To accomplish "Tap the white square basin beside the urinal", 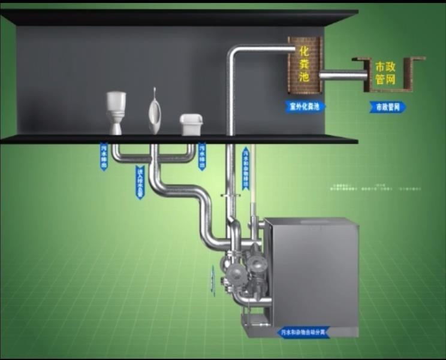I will coord(191,124).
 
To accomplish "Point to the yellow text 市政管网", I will coord(385,72).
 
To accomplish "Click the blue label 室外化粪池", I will coord(305,107).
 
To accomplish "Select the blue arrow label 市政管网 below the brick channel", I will coord(387,107).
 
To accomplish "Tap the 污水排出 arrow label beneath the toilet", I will coord(104,156).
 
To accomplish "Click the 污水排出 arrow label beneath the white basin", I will coord(201,156).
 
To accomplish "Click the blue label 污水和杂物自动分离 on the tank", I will coord(304,331).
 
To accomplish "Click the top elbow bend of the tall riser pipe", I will coord(236,53).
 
